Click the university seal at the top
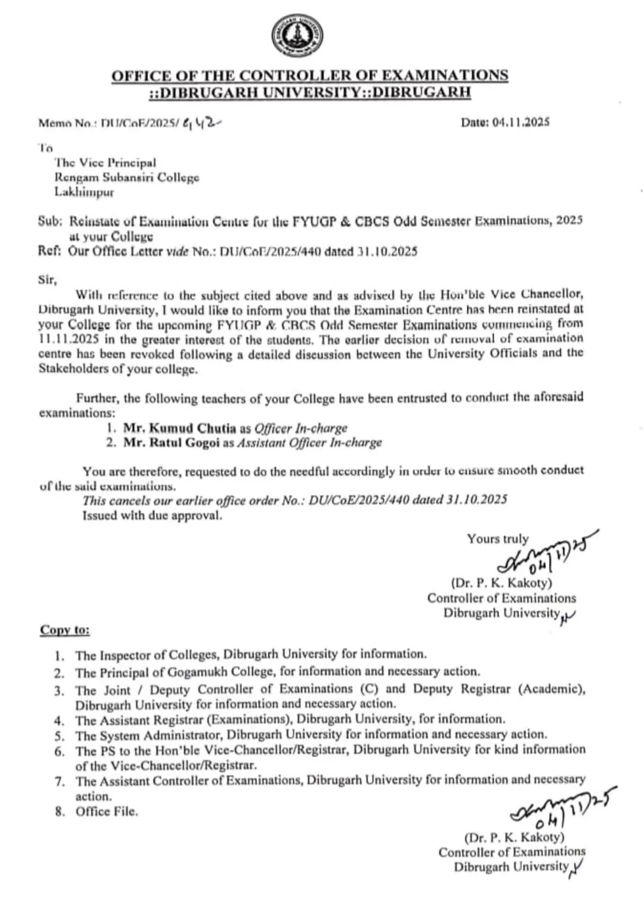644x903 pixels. point(296,37)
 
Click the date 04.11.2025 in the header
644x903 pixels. point(521,122)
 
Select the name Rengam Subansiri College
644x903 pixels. point(127,178)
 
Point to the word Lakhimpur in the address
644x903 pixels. point(84,192)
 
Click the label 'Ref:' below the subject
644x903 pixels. point(49,251)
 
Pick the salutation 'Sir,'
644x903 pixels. point(48,280)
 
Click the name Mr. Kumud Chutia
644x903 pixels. point(179,428)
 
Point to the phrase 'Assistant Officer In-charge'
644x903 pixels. point(309,442)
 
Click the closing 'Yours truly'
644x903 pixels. point(497,539)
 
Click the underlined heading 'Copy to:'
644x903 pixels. point(64,630)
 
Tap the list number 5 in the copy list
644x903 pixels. point(59,735)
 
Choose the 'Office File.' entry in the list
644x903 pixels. point(106,812)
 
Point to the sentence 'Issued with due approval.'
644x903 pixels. point(152,516)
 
